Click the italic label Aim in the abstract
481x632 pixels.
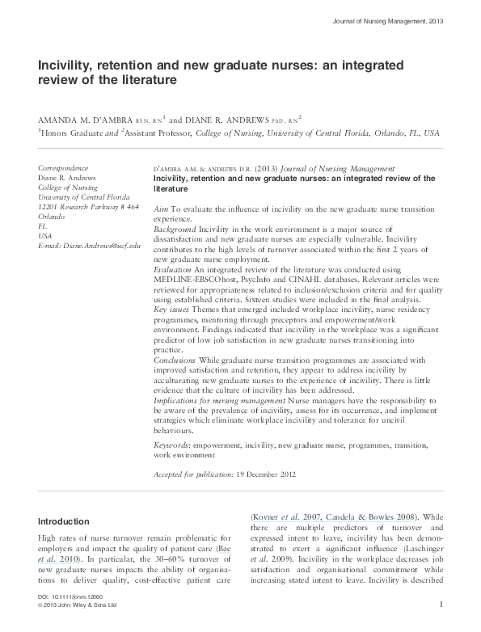(x=160, y=209)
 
